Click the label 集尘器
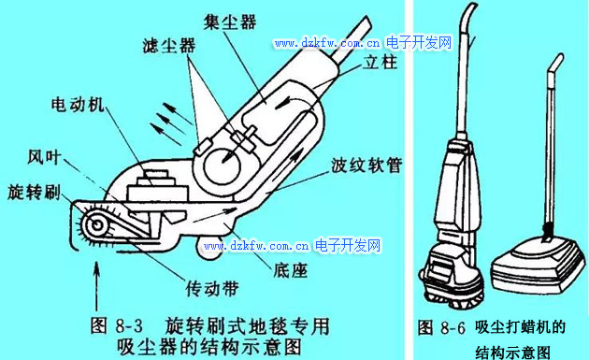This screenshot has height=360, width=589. coord(230,22)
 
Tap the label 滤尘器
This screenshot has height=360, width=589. coord(169,46)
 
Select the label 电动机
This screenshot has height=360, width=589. coord(78,104)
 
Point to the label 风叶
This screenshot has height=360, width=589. coord(44,157)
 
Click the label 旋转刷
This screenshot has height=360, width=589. coord(34,192)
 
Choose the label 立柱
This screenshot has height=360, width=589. coord(380,62)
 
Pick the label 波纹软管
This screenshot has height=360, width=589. coord(366,165)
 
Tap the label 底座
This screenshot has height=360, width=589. coord(291,270)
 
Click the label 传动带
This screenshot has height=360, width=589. coord(212,289)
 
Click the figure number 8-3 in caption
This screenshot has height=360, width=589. coord(129,325)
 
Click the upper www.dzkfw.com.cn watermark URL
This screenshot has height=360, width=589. coord(327,43)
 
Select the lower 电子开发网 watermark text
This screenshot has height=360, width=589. coord(348,245)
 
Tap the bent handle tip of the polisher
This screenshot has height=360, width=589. coord(556,63)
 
